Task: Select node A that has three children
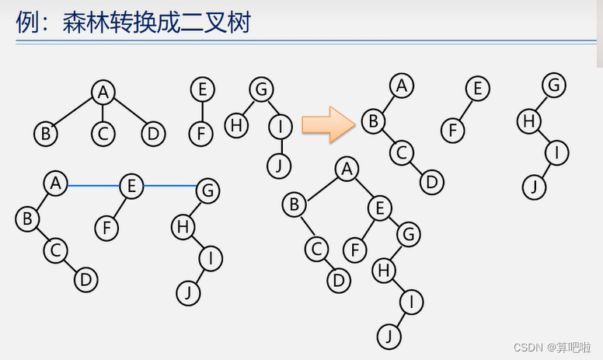[103, 93]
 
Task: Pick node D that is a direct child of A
[154, 134]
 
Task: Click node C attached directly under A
[103, 134]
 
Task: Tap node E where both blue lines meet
[131, 185]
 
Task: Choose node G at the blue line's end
[207, 189]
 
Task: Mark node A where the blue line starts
[54, 184]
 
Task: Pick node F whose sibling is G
[356, 250]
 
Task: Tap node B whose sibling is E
[295, 205]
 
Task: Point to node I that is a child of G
[279, 125]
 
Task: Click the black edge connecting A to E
[364, 187]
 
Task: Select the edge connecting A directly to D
[128, 114]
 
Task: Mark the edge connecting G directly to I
[270, 108]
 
